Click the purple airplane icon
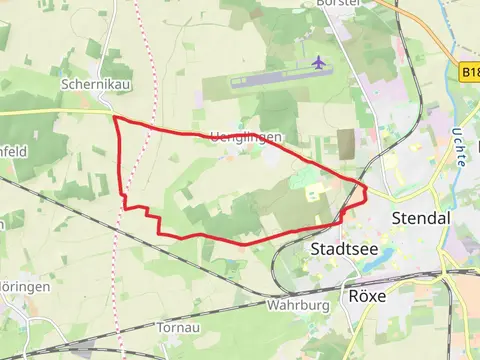pos(319,63)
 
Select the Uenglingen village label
pos(240,137)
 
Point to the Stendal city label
pos(421,217)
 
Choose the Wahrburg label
pos(298,303)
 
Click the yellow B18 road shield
pos(471,73)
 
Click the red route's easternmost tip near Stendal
pos(366,187)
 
